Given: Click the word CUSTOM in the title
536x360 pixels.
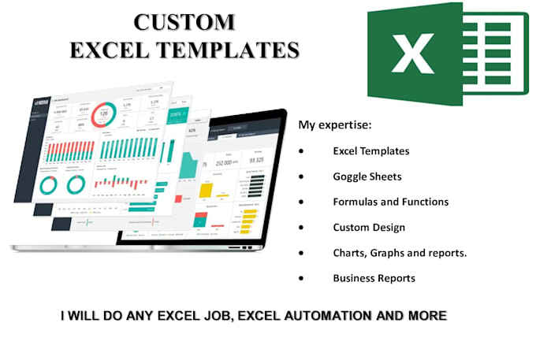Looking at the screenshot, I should coord(183,21).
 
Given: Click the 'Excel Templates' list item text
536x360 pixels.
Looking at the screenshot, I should coord(370,150).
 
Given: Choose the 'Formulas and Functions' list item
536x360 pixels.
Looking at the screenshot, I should coord(390,202).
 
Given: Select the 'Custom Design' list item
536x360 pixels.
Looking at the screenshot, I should coord(369,227).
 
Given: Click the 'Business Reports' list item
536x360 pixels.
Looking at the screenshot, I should coord(374,278).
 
